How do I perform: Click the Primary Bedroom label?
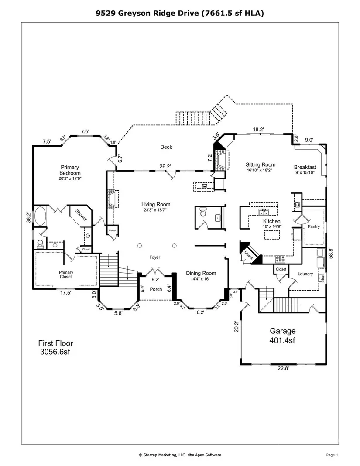[70, 170]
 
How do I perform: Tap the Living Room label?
[156, 204]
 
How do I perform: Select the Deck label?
[166, 147]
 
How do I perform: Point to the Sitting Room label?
[261, 164]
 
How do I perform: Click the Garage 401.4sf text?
[282, 336]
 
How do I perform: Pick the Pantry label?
[314, 226]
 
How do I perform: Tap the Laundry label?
[305, 274]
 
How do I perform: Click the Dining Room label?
[201, 273]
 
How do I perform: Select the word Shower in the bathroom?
[81, 215]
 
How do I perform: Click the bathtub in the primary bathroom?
[40, 216]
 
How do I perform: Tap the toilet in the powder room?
[203, 212]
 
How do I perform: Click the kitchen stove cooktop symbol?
[280, 259]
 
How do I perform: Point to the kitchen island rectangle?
[272, 234]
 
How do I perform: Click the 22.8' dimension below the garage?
[283, 368]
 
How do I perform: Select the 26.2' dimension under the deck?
[165, 166]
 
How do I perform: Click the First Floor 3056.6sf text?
[55, 347]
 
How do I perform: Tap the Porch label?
[156, 289]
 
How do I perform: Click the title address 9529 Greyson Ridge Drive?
[147, 13]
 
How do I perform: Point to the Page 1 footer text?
[332, 455]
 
